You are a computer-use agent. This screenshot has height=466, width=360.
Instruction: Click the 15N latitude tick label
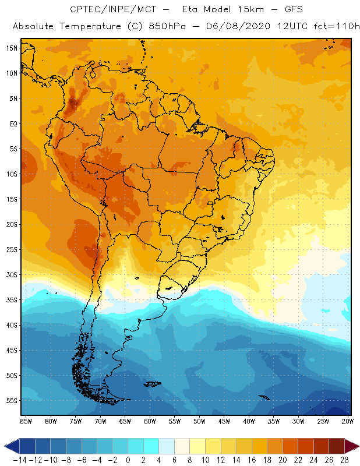12,48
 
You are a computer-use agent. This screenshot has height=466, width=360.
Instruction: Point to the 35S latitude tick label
12,300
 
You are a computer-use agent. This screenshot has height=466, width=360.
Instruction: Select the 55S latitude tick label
12,401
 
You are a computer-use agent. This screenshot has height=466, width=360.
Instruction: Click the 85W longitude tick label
26,421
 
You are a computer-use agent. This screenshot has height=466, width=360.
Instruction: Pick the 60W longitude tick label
150,421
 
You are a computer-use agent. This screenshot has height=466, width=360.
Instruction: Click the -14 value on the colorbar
20,460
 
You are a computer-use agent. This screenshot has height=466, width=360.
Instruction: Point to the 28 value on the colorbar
344,460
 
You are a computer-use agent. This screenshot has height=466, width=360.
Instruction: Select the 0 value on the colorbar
128,460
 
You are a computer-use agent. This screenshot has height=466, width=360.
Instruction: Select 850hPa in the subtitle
175,27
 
